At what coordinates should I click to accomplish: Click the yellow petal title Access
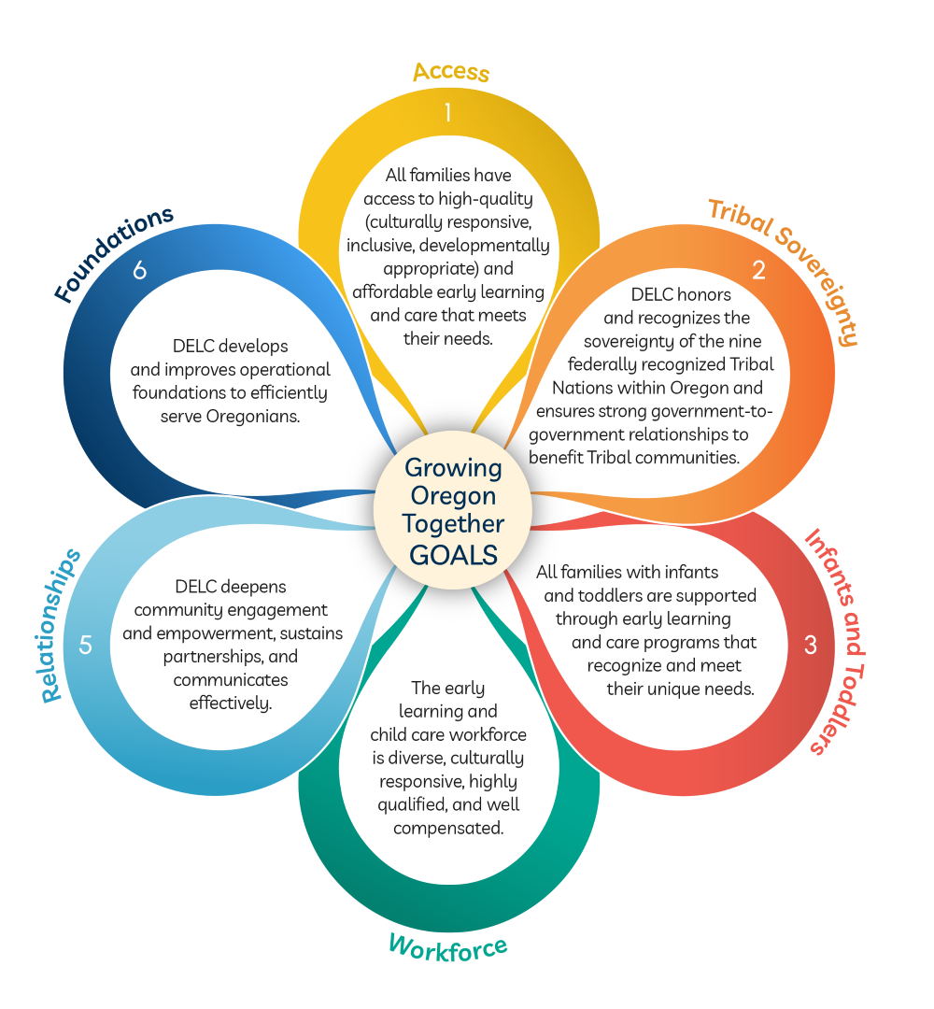tap(451, 72)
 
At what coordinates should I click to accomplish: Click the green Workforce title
tap(448, 946)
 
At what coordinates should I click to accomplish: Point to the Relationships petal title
tap(62, 625)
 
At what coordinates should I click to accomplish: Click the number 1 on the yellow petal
tap(448, 113)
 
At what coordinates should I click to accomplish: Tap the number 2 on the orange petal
tap(758, 271)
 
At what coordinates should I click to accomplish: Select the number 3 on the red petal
tap(811, 645)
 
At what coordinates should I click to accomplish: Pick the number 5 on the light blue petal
tap(86, 645)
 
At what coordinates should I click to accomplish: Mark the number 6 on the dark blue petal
tap(139, 271)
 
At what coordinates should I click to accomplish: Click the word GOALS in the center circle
tap(453, 554)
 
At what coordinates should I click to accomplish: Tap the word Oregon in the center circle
tap(453, 495)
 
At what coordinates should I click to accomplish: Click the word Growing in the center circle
tap(453, 467)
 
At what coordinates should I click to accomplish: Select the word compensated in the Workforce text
tap(448, 828)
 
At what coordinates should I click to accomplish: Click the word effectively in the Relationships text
tap(231, 703)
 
